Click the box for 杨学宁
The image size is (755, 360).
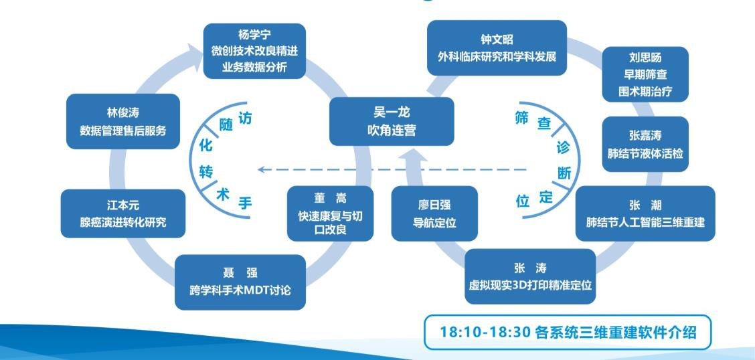click(x=254, y=51)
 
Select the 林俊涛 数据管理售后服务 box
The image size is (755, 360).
click(x=122, y=121)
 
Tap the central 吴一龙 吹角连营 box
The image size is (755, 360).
click(x=392, y=121)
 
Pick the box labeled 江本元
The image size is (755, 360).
click(x=122, y=213)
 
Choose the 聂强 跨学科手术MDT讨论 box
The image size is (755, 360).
click(x=240, y=282)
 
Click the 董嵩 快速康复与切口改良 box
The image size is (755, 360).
click(x=330, y=213)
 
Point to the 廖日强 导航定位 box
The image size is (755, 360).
click(x=434, y=213)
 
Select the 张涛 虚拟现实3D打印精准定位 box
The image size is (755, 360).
click(x=530, y=276)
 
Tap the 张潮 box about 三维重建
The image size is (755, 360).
click(x=645, y=213)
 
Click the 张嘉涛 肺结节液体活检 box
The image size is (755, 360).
click(x=645, y=144)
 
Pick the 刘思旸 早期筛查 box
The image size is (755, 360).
click(x=645, y=74)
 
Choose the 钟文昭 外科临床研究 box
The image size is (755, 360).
click(x=497, y=48)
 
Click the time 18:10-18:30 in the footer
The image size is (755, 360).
click(x=485, y=332)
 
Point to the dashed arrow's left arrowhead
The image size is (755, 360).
click(x=262, y=169)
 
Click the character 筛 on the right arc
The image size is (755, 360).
click(x=521, y=118)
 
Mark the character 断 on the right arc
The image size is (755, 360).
click(x=564, y=173)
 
